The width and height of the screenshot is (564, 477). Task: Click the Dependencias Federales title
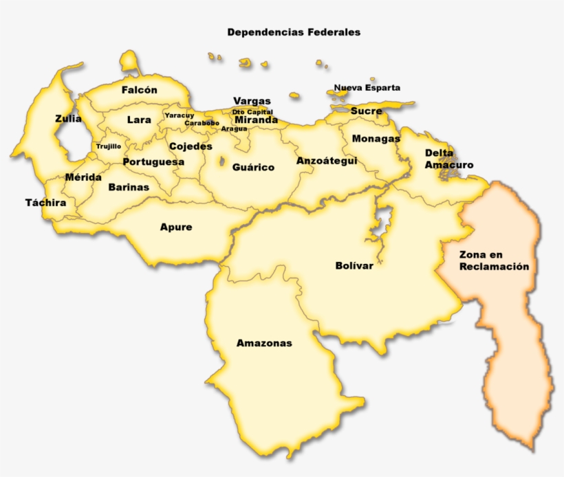[294, 32]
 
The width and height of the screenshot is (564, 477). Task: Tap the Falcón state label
[140, 90]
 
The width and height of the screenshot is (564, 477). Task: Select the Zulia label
[68, 119]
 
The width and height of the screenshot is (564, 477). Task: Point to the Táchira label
[46, 203]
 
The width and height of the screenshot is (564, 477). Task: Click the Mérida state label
[83, 177]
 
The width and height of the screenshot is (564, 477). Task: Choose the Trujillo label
[109, 146]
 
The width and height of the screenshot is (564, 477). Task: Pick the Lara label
[139, 120]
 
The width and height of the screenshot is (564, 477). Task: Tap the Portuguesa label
[153, 162]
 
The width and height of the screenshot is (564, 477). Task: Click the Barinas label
[129, 187]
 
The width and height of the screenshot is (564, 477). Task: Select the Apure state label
[176, 227]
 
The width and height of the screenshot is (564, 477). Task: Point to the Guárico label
[253, 167]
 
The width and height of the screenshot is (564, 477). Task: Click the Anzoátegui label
[327, 161]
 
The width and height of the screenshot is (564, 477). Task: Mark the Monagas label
[376, 139]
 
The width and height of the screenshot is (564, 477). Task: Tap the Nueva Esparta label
[367, 88]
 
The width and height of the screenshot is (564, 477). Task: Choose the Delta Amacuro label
[448, 159]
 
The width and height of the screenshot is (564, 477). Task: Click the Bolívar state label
[354, 266]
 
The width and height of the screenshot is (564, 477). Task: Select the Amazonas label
[264, 343]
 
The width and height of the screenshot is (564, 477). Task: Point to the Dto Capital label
[252, 111]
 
